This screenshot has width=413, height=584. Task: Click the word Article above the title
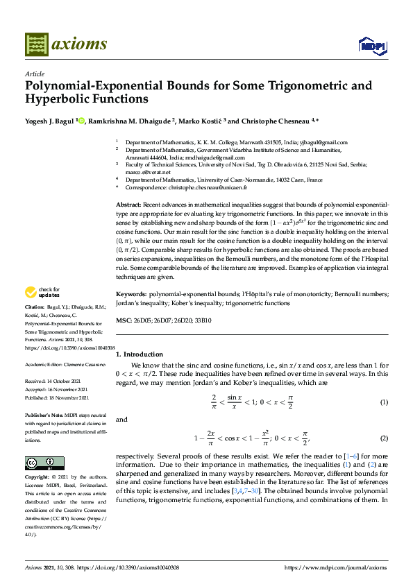coord(35,74)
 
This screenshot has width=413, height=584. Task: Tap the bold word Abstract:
coord(128,205)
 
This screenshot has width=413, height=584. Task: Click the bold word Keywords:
coord(131,294)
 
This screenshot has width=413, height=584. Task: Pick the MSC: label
coord(124,320)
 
